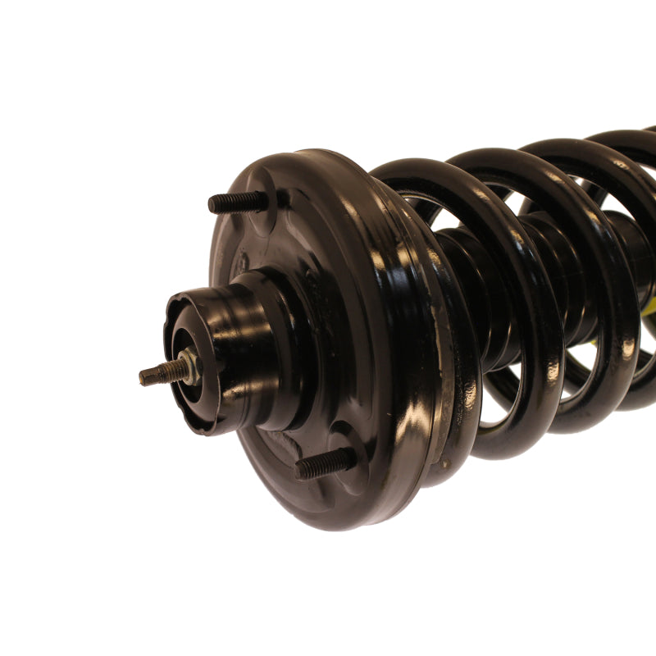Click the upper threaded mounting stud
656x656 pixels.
click(234, 202)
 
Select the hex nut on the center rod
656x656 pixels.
click(189, 366)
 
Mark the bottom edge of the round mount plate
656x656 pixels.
click(344, 525)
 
